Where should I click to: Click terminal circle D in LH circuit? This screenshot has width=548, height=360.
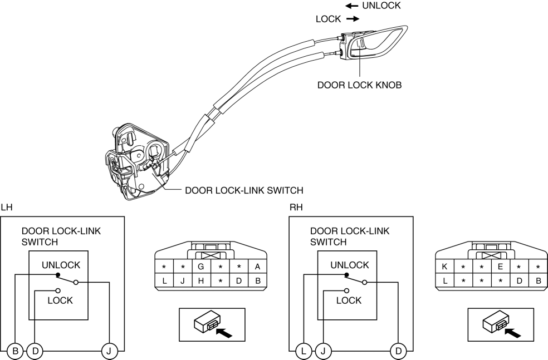[35, 351]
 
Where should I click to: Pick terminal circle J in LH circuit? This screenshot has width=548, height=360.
[109, 351]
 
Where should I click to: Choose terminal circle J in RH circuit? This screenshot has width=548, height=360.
[323, 351]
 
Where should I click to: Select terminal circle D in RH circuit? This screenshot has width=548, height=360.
[398, 351]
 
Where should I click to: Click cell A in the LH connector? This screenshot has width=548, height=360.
[257, 267]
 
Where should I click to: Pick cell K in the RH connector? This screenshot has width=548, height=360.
[444, 267]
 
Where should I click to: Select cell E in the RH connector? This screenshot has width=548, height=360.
[500, 267]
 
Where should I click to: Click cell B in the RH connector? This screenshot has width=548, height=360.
[537, 281]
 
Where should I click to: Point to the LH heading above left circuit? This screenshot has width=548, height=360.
[6, 208]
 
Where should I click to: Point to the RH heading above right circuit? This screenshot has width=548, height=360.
[296, 208]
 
